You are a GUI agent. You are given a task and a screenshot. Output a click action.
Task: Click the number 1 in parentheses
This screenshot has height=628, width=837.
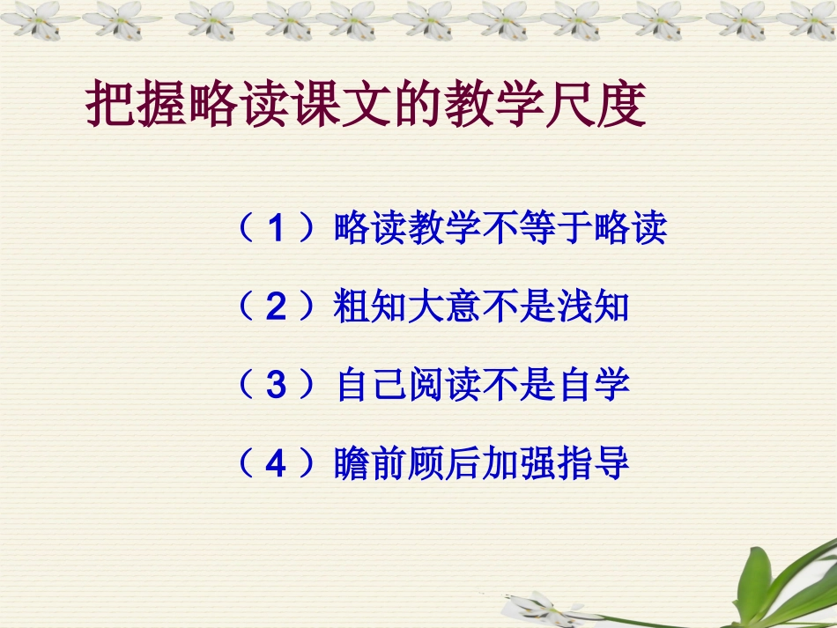(x=277, y=231)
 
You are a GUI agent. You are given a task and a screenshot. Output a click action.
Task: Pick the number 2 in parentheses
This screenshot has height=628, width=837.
(x=277, y=308)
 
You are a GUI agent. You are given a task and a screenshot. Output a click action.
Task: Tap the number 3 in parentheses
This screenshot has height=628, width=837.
(x=277, y=387)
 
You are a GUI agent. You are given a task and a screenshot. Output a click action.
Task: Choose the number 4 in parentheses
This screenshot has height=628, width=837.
(x=277, y=465)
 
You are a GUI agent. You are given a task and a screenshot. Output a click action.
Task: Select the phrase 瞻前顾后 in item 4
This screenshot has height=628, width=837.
(x=408, y=465)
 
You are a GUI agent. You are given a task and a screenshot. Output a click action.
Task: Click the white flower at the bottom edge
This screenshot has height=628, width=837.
(x=537, y=608)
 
